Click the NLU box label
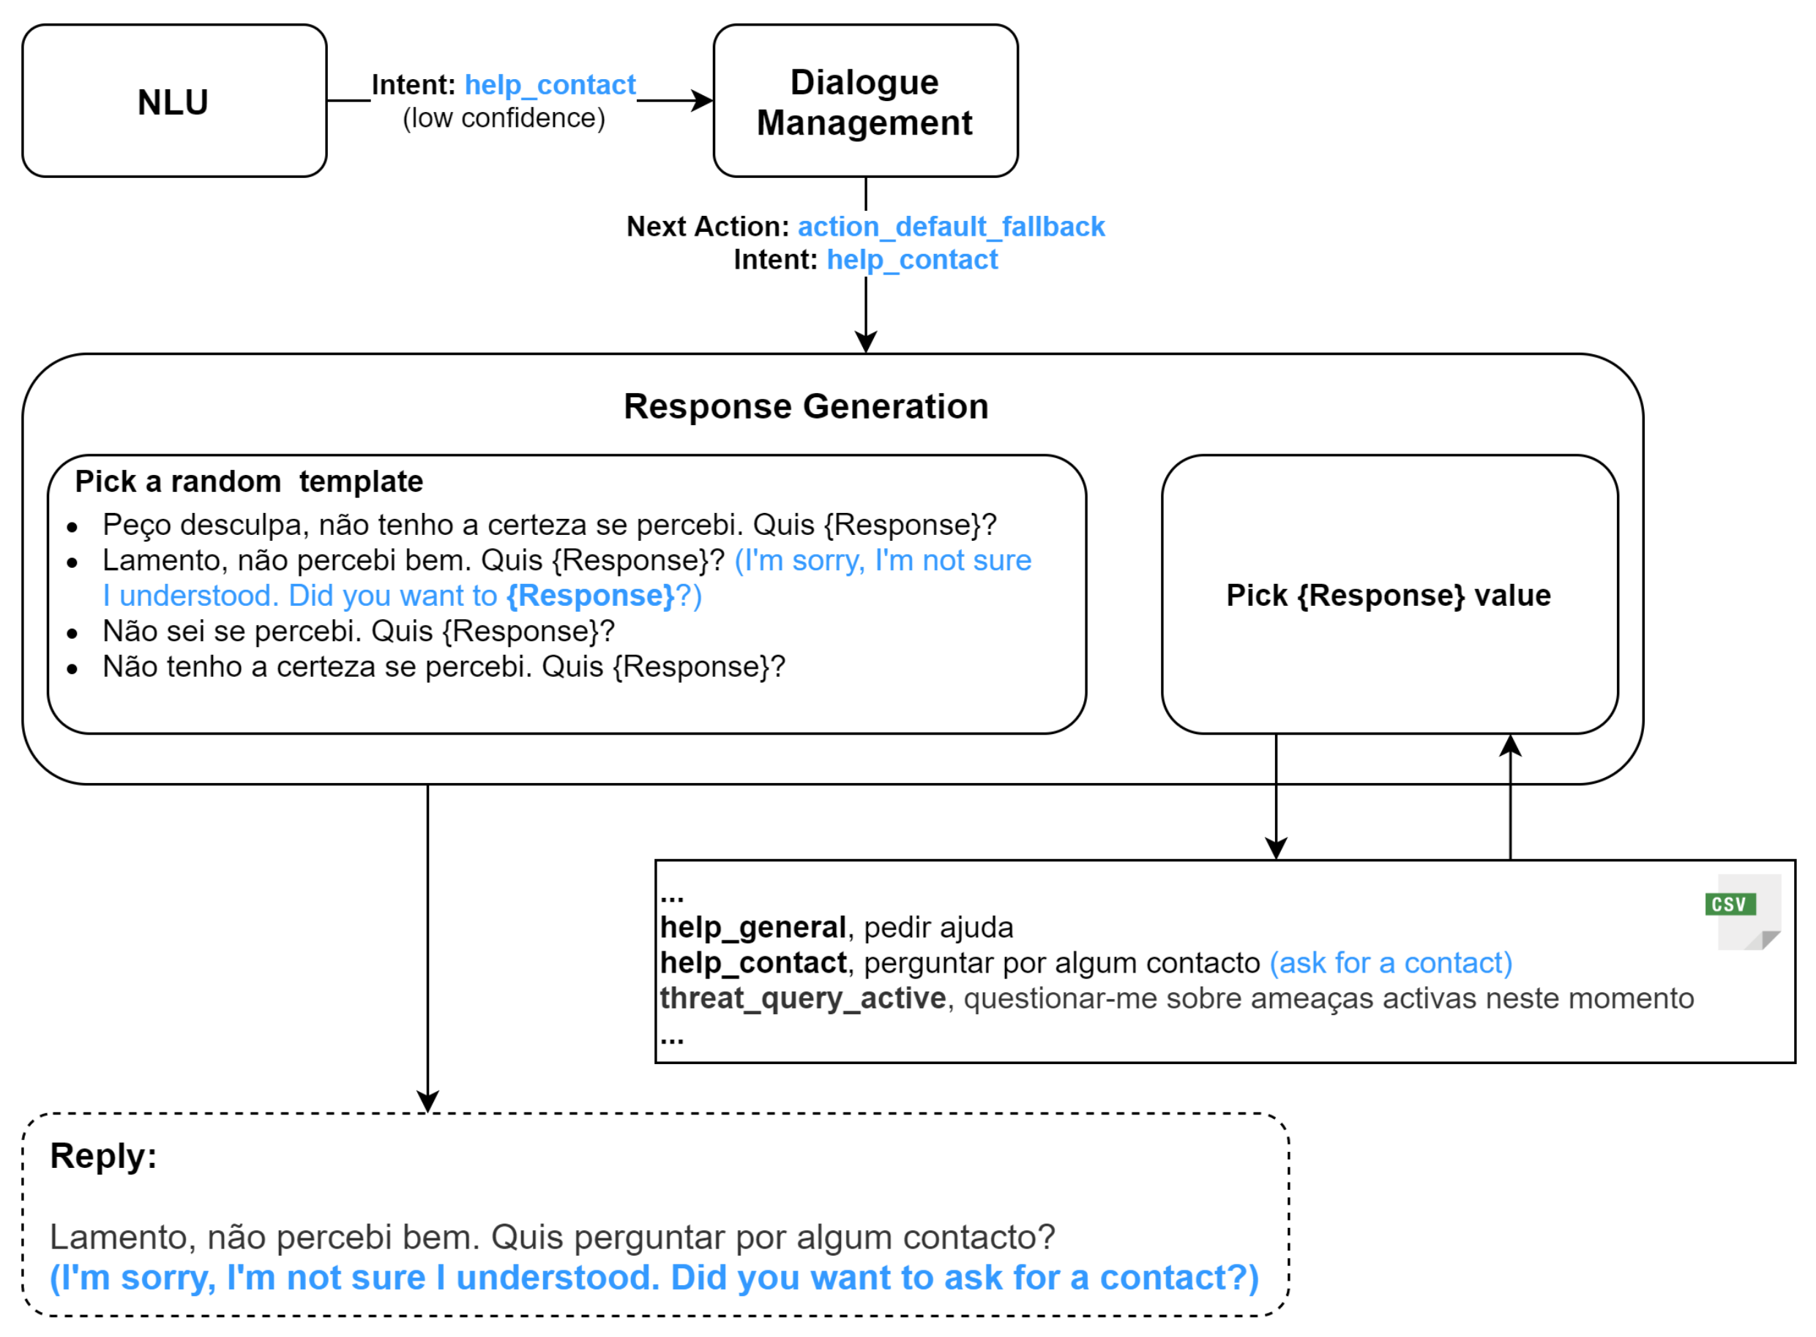pyautogui.click(x=173, y=102)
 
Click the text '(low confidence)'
pyautogui.click(x=504, y=118)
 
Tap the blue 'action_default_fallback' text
pyautogui.click(x=950, y=227)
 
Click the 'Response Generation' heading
pyautogui.click(x=805, y=406)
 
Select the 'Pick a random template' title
pyautogui.click(x=248, y=482)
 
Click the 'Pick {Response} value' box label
pyautogui.click(x=1387, y=596)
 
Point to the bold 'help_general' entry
pyautogui.click(x=752, y=927)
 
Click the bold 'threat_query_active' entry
pyautogui.click(x=802, y=999)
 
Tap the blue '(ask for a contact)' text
pyautogui.click(x=1389, y=963)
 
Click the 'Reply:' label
pyautogui.click(x=102, y=1156)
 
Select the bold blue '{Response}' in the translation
pyautogui.click(x=590, y=596)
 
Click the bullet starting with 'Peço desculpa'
pyautogui.click(x=549, y=525)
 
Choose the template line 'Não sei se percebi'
pyautogui.click(x=358, y=632)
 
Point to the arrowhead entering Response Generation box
pyautogui.click(x=865, y=343)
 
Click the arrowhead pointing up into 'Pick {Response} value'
pyautogui.click(x=1509, y=744)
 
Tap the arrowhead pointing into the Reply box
pyautogui.click(x=427, y=1101)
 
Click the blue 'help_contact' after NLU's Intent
pyautogui.click(x=550, y=85)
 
